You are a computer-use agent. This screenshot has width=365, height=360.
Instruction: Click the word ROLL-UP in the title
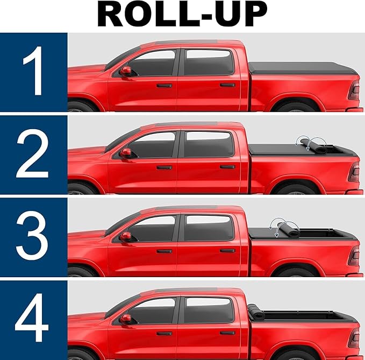pyautogui.click(x=182, y=15)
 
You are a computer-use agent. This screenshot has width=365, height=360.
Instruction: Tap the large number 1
pyautogui.click(x=33, y=70)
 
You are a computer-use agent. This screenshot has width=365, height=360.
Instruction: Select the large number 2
pyautogui.click(x=32, y=154)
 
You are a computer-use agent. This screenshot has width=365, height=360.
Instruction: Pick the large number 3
pyautogui.click(x=32, y=236)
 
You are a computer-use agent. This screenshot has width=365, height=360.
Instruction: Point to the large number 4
pyautogui.click(x=32, y=317)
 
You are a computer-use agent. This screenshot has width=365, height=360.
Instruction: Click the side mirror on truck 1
pyautogui.click(x=125, y=71)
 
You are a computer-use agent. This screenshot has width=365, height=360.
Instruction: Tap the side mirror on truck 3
pyautogui.click(x=125, y=236)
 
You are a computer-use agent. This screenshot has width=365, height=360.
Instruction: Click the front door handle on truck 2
pyautogui.click(x=164, y=167)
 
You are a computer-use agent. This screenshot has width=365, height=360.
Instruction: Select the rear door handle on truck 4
pyautogui.click(x=227, y=333)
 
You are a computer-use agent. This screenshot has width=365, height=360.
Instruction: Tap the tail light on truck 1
pyautogui.click(x=354, y=90)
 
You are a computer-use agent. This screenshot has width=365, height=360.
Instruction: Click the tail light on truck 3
pyautogui.click(x=354, y=256)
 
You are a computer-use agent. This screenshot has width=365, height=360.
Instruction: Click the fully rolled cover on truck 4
pyautogui.click(x=256, y=312)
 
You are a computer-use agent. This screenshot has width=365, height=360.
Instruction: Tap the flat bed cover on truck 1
pyautogui.click(x=303, y=68)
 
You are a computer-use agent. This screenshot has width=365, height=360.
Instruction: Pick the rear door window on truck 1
pyautogui.click(x=209, y=62)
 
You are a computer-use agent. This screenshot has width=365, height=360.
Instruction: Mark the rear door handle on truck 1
pyautogui.click(x=227, y=85)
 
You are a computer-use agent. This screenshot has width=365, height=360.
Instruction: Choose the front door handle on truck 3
pyautogui.click(x=164, y=251)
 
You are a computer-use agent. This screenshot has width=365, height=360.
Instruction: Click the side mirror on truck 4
pyautogui.click(x=125, y=318)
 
